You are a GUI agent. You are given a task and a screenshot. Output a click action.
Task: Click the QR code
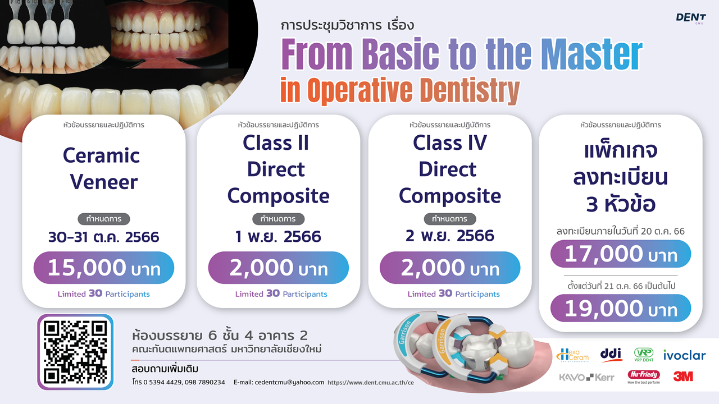(x=75, y=352)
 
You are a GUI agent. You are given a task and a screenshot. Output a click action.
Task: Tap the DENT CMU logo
(x=690, y=18)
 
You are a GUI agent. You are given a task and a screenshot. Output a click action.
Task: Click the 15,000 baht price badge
(x=104, y=268)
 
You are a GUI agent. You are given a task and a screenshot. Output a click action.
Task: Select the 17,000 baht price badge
(x=621, y=254)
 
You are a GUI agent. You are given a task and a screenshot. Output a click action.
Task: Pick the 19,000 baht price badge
(x=621, y=308)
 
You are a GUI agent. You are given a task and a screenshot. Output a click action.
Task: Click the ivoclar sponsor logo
(x=684, y=355)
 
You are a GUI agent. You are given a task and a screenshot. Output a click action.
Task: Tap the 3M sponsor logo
(x=683, y=377)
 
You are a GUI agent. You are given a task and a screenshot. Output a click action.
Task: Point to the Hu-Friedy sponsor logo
(x=644, y=377)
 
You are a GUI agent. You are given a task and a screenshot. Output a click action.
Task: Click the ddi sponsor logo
(x=611, y=355)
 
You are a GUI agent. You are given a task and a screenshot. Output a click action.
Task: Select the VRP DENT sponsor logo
(x=644, y=355)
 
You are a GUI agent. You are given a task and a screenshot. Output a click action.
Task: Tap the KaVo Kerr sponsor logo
(x=586, y=378)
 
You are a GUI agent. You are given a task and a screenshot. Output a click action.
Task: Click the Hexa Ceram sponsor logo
(x=572, y=355)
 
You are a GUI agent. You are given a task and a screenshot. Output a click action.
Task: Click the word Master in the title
(x=591, y=54)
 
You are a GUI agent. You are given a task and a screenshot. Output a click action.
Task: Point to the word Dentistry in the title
(x=470, y=90)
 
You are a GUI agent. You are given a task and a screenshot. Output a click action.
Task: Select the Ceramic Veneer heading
(x=102, y=168)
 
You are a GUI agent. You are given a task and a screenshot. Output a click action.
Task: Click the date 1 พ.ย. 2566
(x=278, y=237)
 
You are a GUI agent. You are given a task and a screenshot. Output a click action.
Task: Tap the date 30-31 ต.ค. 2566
(x=104, y=237)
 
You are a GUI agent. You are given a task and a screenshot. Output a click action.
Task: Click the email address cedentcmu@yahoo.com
(x=279, y=382)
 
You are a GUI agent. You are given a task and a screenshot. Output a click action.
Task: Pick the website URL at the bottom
(x=370, y=383)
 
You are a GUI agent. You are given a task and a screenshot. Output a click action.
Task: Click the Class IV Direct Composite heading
(x=449, y=169)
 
